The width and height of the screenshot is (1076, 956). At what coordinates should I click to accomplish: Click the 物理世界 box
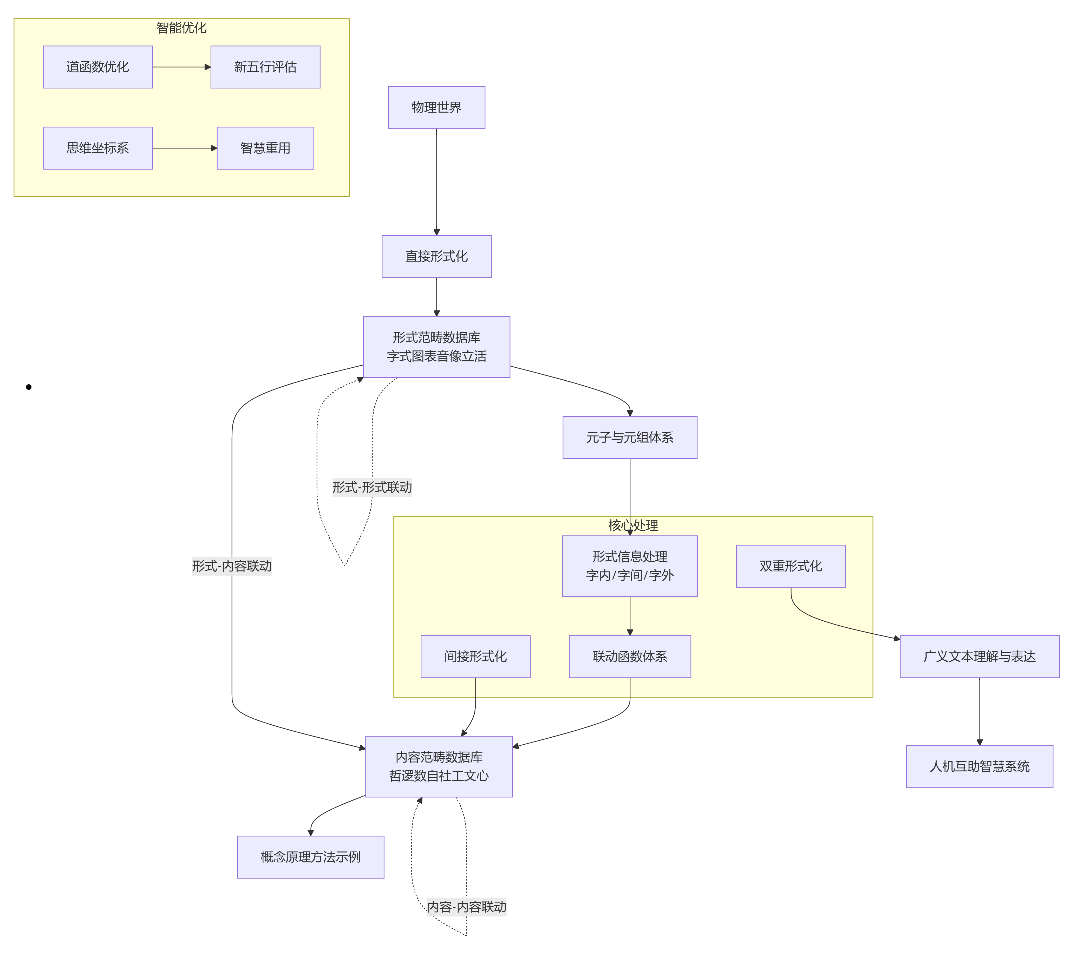(436, 107)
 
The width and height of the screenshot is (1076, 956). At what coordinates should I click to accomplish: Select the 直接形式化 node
(436, 256)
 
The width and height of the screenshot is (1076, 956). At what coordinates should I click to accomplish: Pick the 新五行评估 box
(265, 67)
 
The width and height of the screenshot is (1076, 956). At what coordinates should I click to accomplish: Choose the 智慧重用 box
(265, 148)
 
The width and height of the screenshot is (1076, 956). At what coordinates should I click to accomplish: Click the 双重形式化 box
(791, 566)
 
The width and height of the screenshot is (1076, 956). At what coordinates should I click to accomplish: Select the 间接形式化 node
(475, 656)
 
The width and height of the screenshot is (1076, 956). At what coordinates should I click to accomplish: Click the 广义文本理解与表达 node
(979, 656)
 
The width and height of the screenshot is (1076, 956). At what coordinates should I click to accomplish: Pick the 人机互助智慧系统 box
(979, 766)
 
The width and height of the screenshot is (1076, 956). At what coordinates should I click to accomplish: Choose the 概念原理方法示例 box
(311, 857)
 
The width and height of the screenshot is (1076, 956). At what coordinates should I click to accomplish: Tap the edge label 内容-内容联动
(466, 907)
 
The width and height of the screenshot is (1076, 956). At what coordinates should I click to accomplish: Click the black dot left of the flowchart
(28, 387)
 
